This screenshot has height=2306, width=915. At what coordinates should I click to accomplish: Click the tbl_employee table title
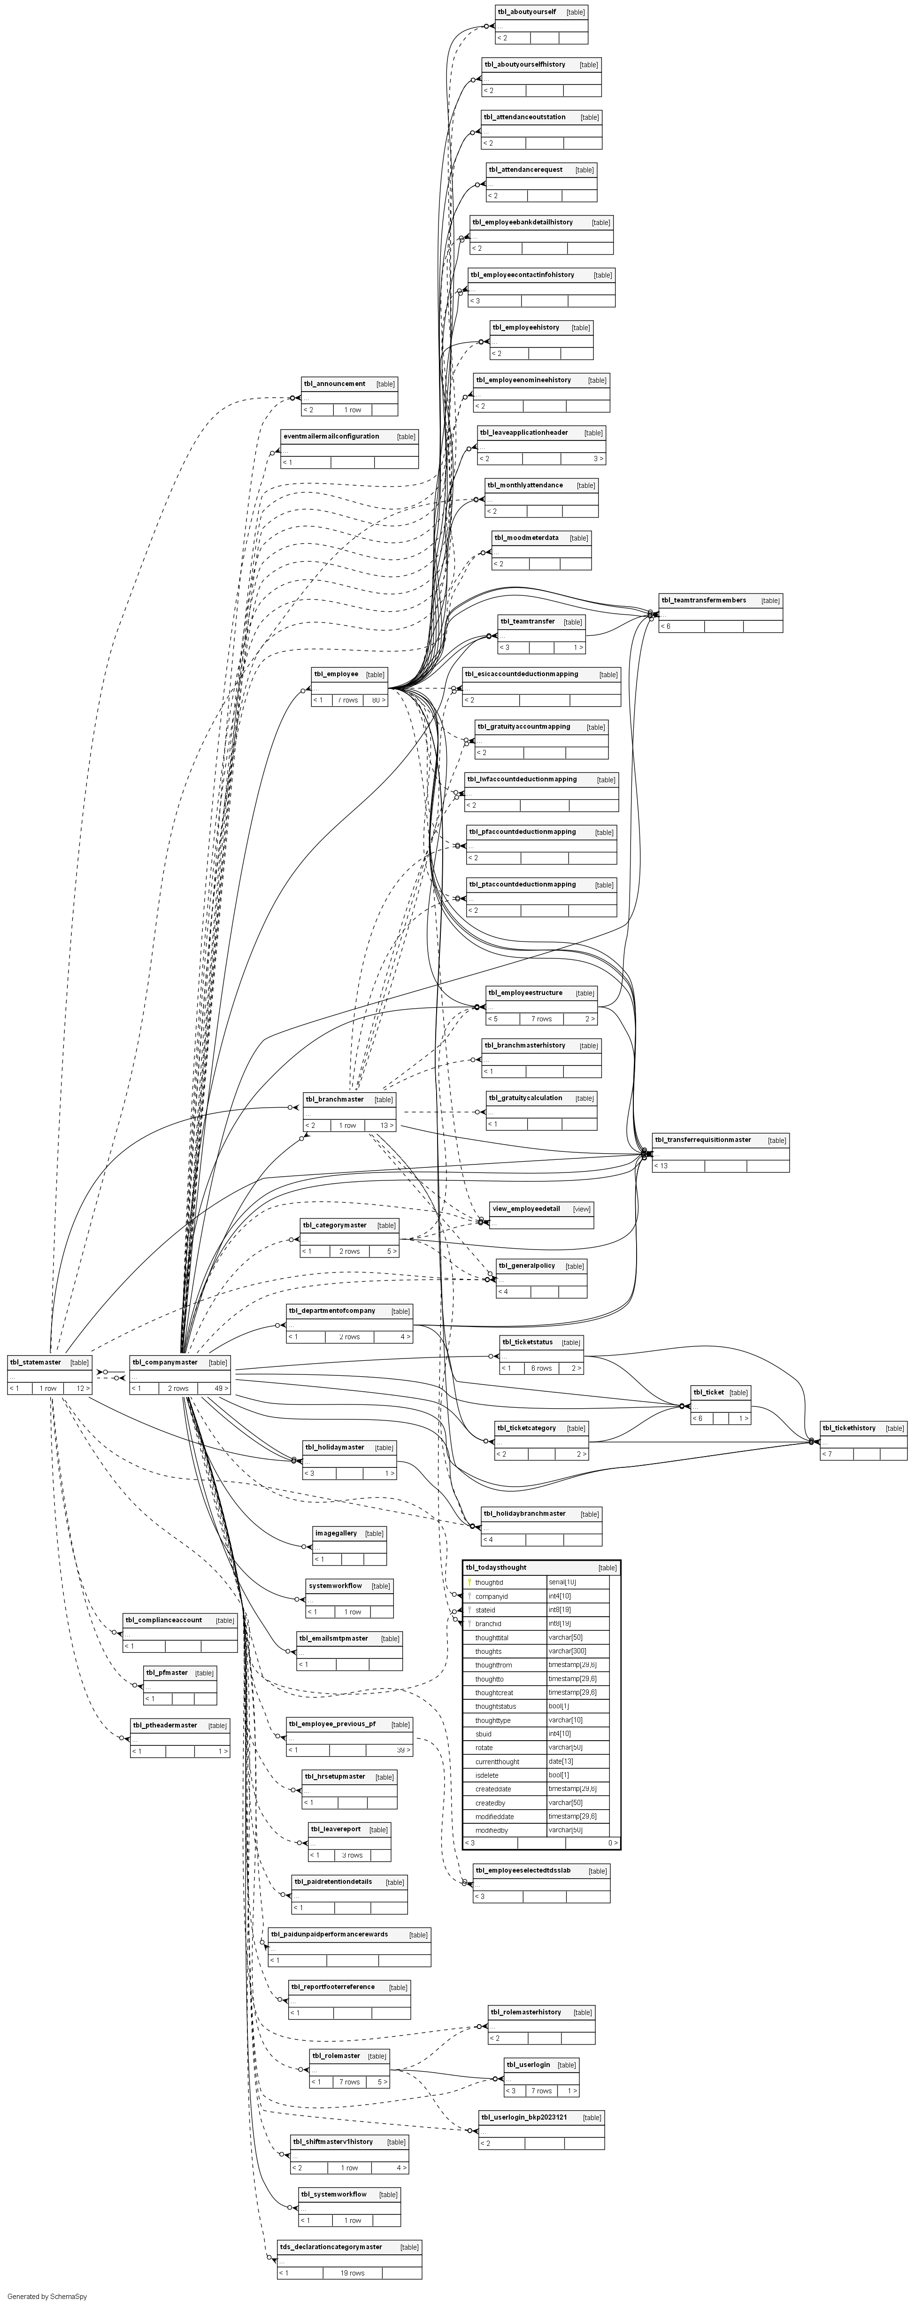tap(336, 674)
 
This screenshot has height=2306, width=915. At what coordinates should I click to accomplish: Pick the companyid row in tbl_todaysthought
tap(492, 1596)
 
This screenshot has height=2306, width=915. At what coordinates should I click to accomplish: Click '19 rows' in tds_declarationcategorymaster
tap(352, 2273)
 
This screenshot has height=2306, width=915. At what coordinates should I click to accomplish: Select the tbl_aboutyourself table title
tap(526, 12)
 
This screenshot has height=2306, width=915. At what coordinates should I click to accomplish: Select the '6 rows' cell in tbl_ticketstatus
tap(541, 1368)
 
